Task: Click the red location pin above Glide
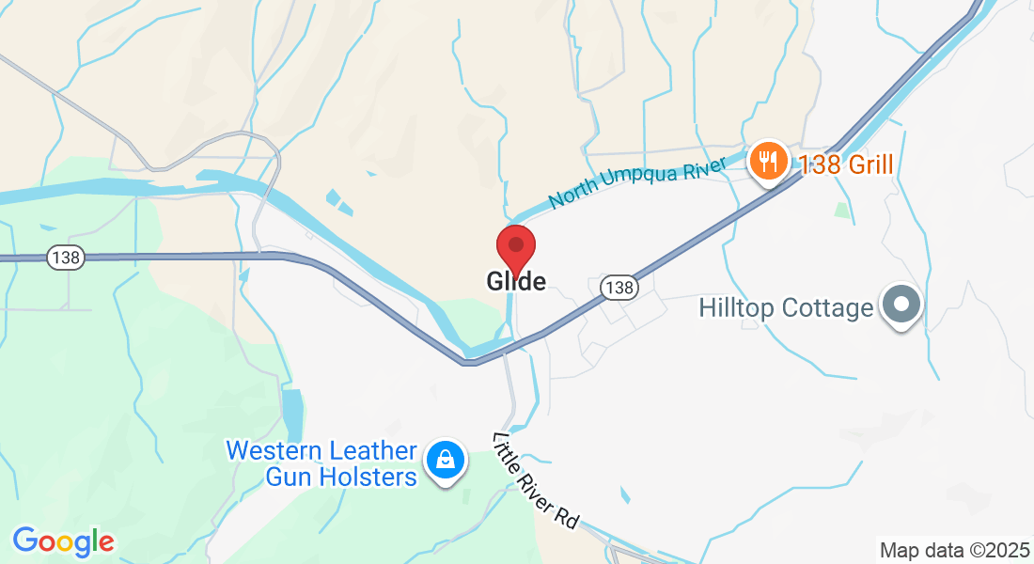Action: (516, 246)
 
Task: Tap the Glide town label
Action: (516, 281)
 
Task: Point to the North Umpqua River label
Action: (639, 183)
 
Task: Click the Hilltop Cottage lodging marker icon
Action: (901, 305)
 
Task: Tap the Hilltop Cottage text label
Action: (786, 308)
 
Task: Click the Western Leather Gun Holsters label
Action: (321, 464)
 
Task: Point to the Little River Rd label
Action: (535, 481)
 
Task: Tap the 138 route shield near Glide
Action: (619, 288)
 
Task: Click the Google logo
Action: (63, 541)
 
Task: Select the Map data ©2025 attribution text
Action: (954, 550)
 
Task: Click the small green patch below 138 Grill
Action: (842, 211)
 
